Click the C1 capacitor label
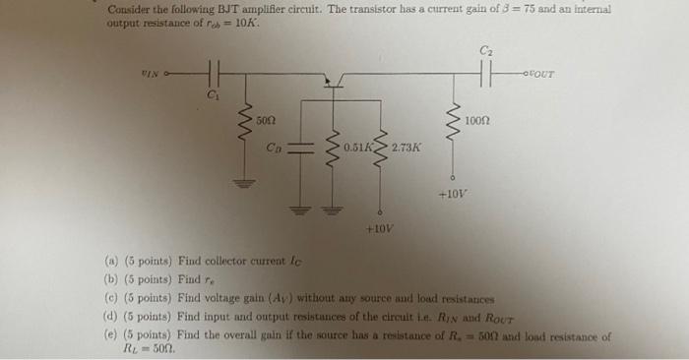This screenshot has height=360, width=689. (212, 94)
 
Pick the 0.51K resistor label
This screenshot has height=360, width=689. (357, 149)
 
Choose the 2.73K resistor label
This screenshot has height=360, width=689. (406, 149)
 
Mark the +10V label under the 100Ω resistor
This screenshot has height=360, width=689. (452, 194)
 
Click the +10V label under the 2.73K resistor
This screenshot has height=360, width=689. (378, 227)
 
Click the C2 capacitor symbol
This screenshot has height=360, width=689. (483, 72)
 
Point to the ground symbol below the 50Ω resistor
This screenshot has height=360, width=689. (238, 181)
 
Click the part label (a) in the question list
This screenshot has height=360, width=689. (111, 262)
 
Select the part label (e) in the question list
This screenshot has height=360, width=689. (111, 335)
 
